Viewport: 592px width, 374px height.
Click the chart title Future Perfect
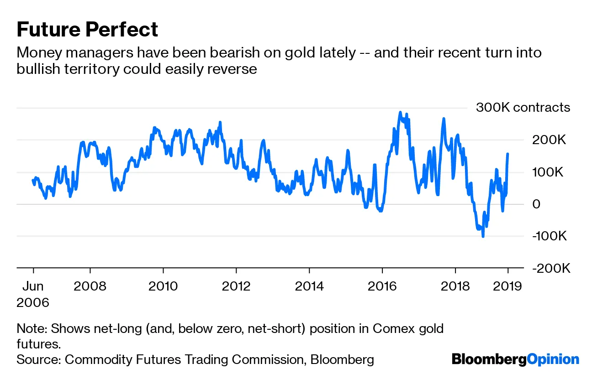(87, 30)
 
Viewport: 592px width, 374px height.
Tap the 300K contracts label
(523, 108)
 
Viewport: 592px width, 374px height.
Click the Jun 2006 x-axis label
(33, 294)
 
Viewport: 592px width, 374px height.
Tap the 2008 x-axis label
(90, 286)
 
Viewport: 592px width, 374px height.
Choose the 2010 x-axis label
(163, 286)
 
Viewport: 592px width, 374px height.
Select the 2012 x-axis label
(236, 286)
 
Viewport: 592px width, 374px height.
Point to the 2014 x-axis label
(309, 286)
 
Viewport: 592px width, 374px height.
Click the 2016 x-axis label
(382, 286)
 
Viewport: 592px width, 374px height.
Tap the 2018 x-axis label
(455, 286)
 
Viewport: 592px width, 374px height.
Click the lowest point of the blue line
(483, 236)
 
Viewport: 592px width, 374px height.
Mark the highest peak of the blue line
(400, 112)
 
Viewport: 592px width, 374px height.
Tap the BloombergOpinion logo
(515, 359)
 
